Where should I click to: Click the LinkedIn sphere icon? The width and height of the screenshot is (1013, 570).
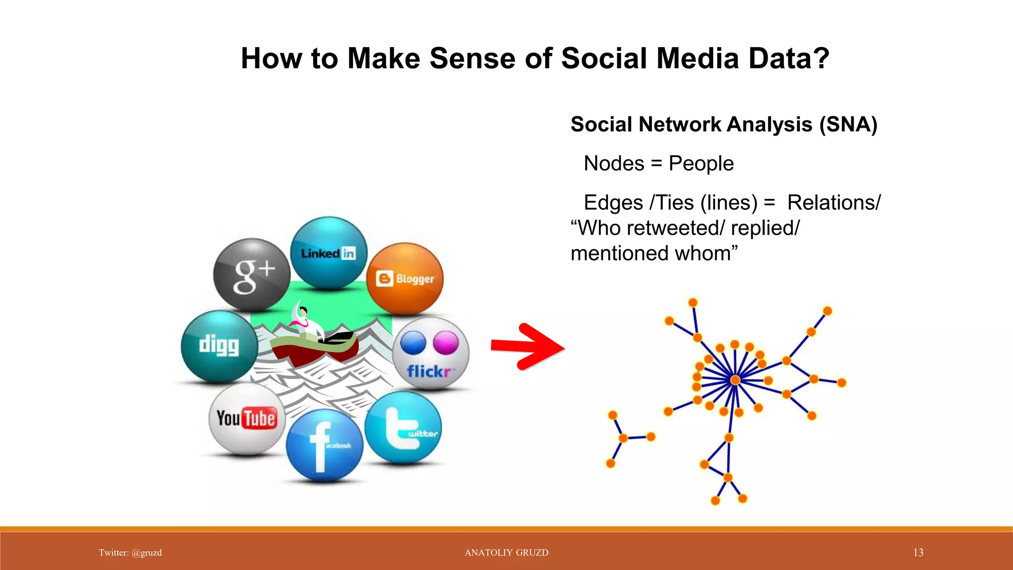[x=328, y=253]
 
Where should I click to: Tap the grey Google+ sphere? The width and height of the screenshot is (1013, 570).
[x=252, y=275]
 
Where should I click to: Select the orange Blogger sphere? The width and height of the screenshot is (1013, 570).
[x=405, y=279]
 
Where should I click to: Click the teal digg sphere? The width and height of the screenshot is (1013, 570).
[x=219, y=346]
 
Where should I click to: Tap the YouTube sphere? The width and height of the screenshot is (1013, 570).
[x=246, y=419]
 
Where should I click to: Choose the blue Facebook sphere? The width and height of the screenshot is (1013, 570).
[x=324, y=444]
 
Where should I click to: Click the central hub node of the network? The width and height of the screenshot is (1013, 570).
[x=736, y=380]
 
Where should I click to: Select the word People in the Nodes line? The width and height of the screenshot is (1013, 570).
[x=701, y=163]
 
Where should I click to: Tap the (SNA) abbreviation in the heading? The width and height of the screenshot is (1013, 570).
[x=848, y=124]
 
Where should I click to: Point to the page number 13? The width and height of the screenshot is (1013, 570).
[x=918, y=553]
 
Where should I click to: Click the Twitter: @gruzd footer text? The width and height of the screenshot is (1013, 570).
[x=130, y=553]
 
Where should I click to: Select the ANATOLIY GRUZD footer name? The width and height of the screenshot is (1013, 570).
[x=506, y=553]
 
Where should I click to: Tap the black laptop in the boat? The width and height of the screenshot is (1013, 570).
[x=338, y=338]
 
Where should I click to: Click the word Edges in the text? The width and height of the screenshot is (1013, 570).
[x=613, y=203]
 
